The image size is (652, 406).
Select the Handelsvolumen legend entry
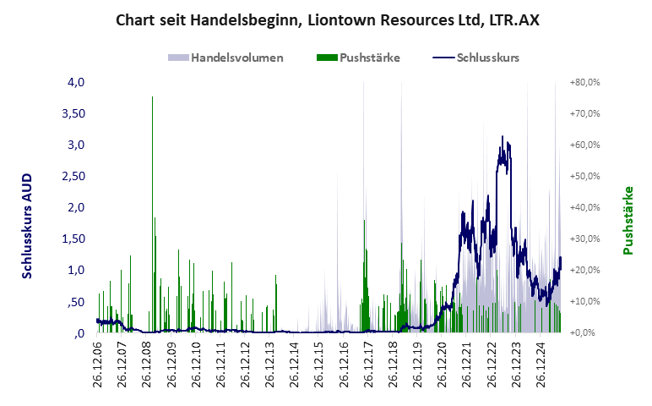tap(225, 58)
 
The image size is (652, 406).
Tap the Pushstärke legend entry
tap(358, 58)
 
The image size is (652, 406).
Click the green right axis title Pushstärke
tap(628, 220)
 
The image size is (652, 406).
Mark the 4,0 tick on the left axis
tap(76, 83)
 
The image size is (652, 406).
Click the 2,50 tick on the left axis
tap(73, 176)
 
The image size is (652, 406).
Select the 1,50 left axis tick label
tap(73, 239)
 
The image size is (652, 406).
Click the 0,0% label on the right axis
tap(586, 333)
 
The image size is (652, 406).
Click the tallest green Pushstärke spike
tap(152, 98)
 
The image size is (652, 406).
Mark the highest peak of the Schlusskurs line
tap(503, 136)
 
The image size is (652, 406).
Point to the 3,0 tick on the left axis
tap(76, 145)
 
